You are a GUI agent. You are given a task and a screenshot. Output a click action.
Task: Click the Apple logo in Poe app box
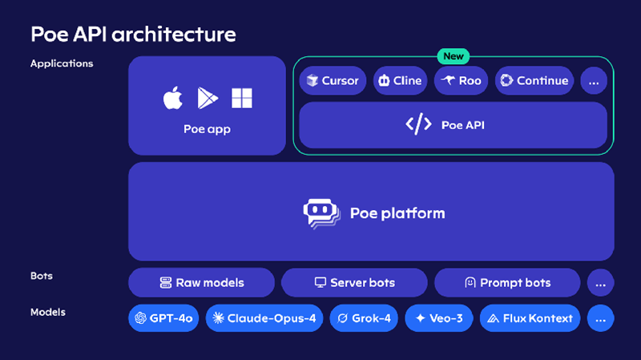172,99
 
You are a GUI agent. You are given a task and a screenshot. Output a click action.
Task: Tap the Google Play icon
207,99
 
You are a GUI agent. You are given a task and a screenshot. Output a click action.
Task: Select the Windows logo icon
242,99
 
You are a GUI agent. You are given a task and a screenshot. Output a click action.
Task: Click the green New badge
454,56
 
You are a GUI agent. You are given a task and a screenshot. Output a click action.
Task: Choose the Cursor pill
333,80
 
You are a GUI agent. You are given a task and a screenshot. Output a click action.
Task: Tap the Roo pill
461,80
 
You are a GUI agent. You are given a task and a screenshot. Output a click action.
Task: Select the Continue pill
533,80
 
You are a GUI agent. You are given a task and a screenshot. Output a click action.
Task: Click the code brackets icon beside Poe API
418,124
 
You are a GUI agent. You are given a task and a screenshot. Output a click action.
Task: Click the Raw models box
202,282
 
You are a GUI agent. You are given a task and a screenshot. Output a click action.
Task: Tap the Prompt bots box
507,282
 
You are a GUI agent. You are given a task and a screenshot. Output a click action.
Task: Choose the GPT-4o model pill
163,318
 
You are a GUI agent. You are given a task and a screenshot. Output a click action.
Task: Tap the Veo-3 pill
439,318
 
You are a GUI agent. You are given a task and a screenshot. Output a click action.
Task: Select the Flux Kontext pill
530,318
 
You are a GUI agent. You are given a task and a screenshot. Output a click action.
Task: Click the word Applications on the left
62,63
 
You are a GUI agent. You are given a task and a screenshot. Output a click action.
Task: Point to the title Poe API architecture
133,34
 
